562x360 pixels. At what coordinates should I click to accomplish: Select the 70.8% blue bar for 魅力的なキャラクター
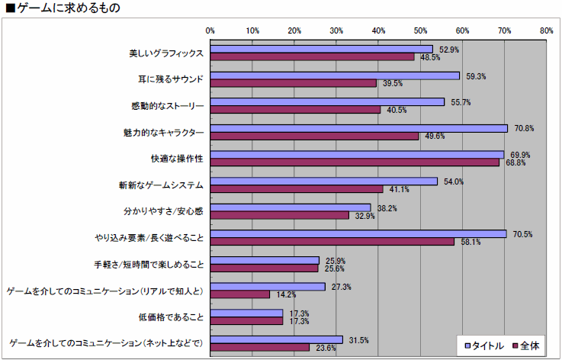[358, 128]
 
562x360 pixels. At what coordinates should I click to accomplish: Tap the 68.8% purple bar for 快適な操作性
[355, 162]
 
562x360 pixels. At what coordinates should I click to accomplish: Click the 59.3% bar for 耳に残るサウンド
[335, 76]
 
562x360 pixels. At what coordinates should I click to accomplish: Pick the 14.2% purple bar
[240, 294]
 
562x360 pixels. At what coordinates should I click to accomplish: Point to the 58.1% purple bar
[332, 241]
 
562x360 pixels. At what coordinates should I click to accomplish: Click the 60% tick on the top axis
[461, 31]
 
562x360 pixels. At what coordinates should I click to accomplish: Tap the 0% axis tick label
[210, 31]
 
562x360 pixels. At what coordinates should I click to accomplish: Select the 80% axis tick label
[545, 31]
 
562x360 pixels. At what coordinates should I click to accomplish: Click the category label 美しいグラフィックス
[165, 54]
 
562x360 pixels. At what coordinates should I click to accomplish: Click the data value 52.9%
[448, 50]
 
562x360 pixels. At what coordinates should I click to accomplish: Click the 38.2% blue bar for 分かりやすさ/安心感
[291, 207]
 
